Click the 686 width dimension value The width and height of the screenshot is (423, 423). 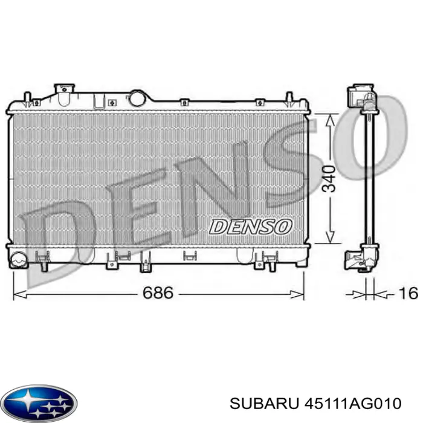coord(158,293)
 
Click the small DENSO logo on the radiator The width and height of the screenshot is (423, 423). coord(250,227)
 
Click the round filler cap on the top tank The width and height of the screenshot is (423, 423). coord(138,97)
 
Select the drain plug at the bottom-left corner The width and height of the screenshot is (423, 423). coord(19,260)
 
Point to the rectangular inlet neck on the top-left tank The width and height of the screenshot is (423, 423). coord(63,89)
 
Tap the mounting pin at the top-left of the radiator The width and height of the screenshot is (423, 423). coord(28,97)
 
